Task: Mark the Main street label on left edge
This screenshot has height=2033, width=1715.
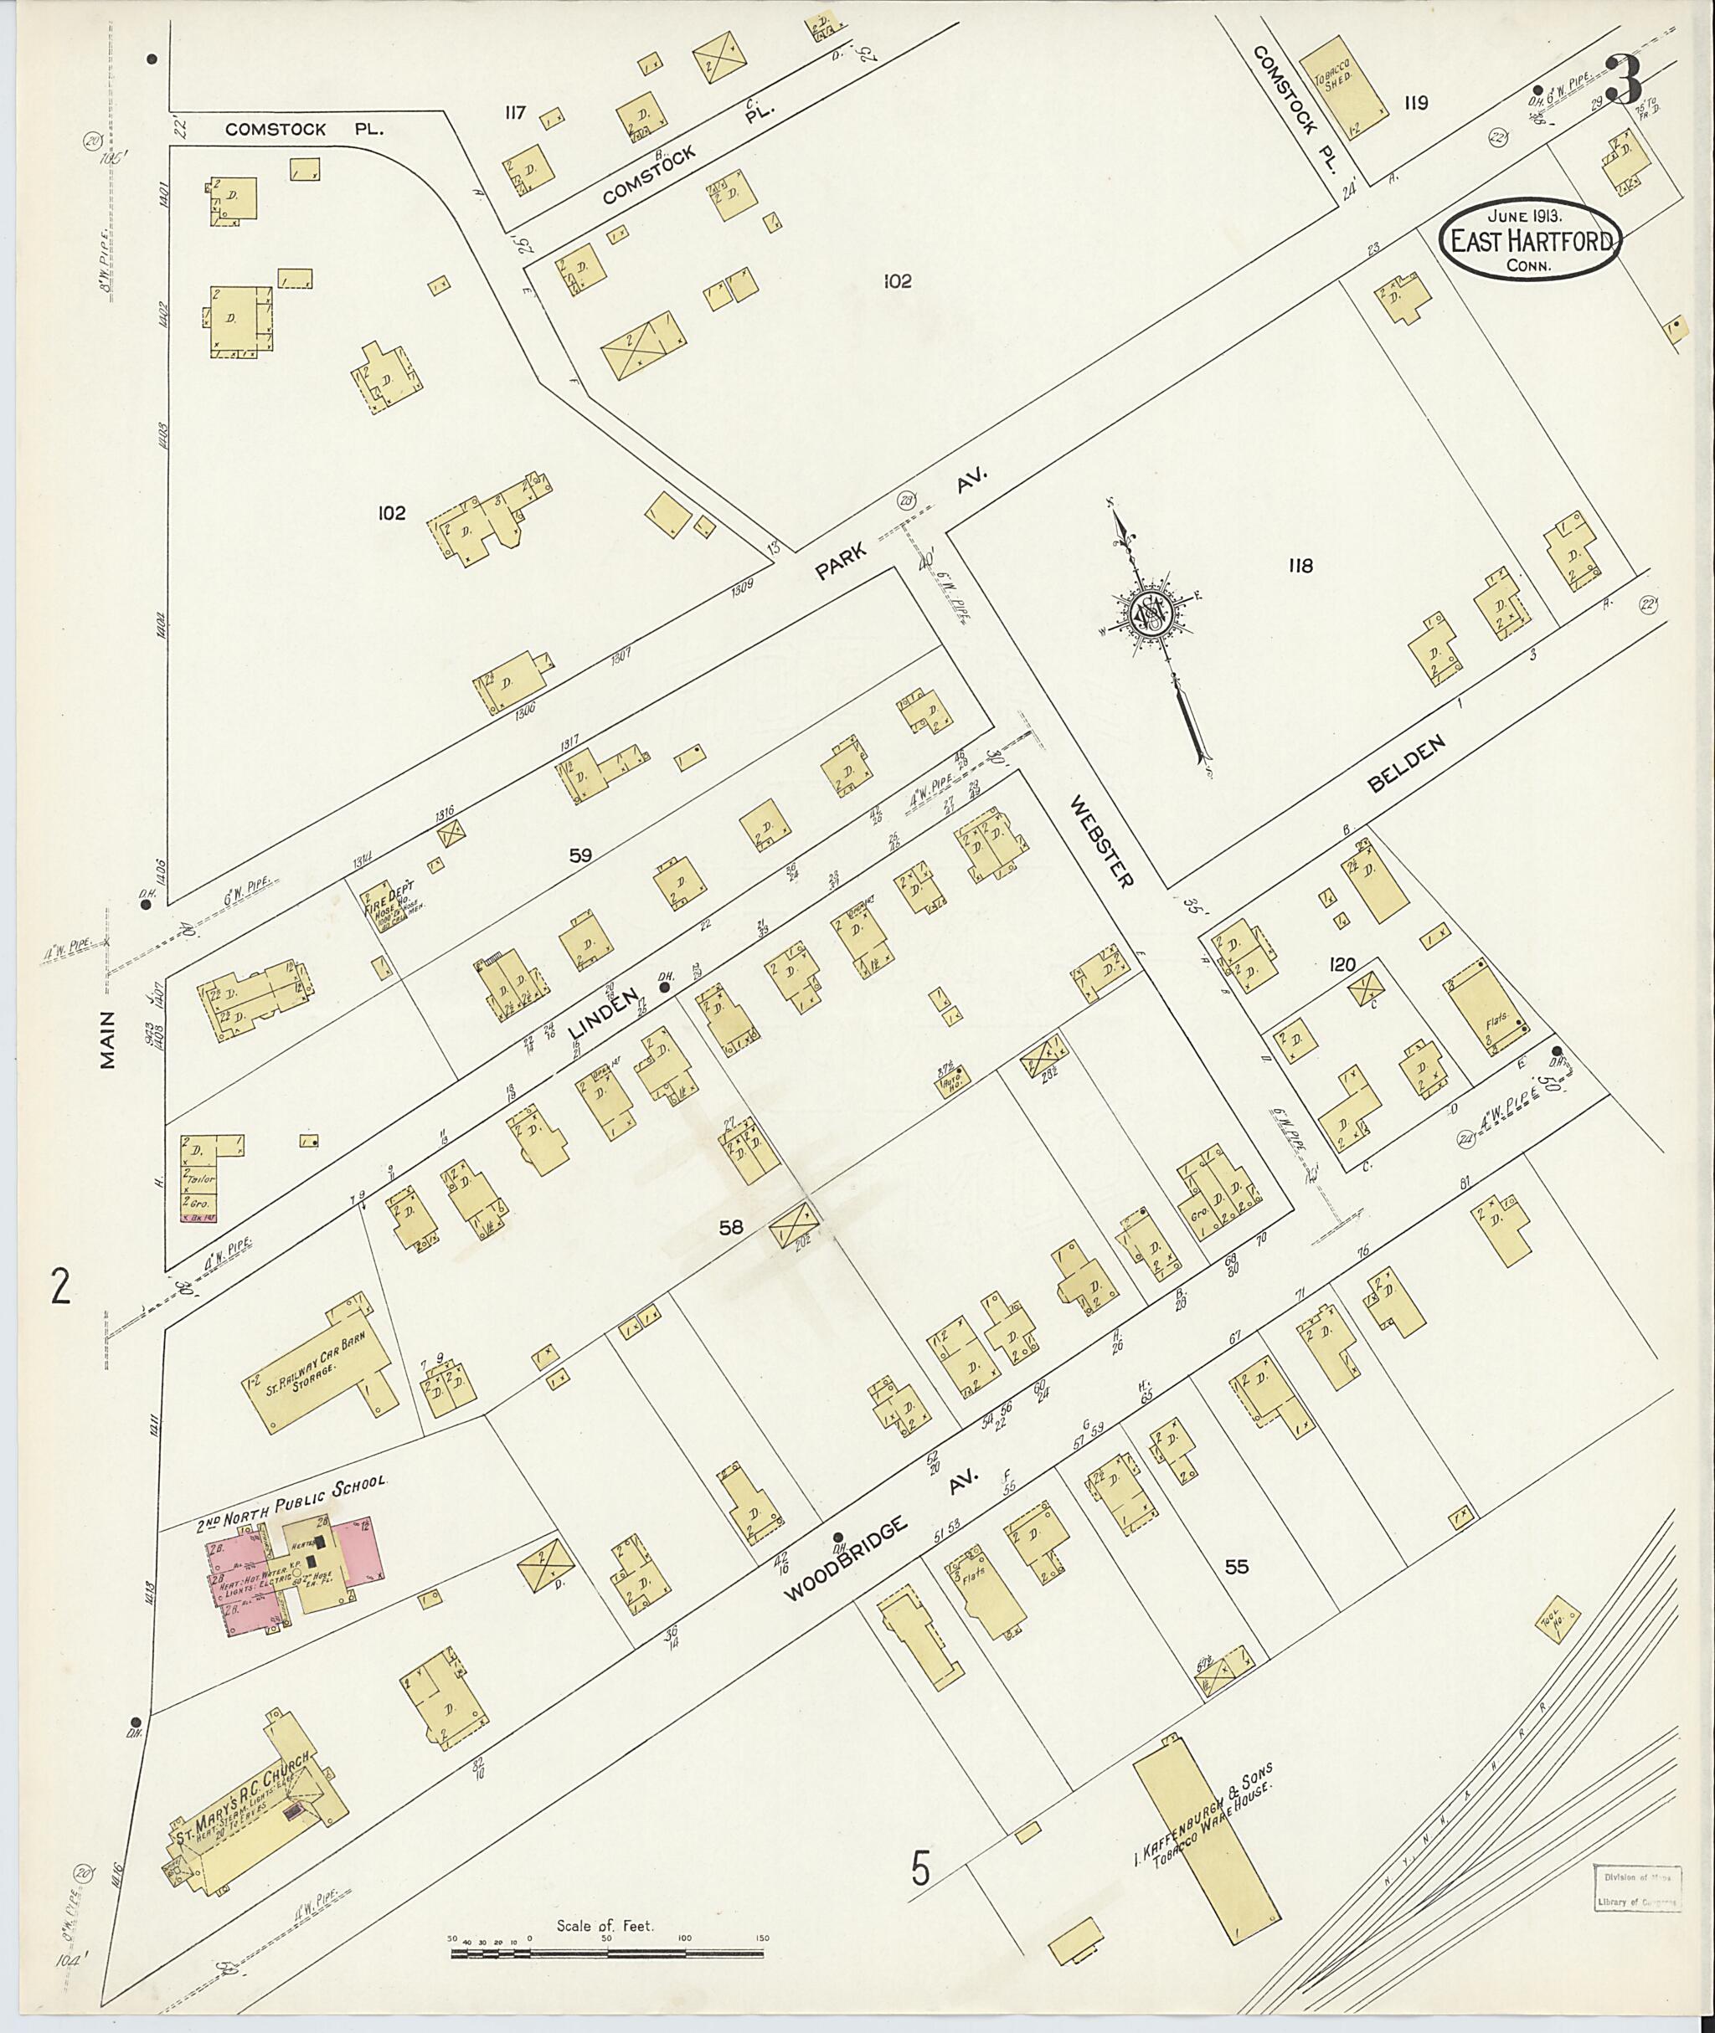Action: tap(108, 1039)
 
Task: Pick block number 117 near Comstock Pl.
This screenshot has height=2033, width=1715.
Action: tap(514, 114)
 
